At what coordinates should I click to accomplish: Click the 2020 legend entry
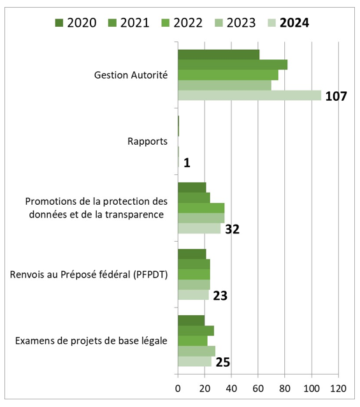75,23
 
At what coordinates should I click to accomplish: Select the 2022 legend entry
182,23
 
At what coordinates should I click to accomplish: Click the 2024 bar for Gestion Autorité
249,96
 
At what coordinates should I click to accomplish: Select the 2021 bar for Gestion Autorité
232,64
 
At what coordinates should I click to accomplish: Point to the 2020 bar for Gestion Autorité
218,54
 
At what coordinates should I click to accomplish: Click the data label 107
336,97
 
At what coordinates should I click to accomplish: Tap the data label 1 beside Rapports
187,163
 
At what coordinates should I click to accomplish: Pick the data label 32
232,229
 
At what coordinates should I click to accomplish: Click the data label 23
220,295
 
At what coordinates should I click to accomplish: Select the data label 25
222,362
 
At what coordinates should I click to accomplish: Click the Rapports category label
148,141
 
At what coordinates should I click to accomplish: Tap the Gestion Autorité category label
131,75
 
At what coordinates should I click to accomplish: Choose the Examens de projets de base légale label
90,341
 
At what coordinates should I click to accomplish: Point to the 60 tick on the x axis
258,388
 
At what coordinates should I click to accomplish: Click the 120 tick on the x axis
338,388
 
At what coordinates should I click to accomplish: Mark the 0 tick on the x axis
178,388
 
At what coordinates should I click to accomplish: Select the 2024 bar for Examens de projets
194,362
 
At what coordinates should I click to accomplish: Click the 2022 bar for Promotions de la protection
201,208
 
